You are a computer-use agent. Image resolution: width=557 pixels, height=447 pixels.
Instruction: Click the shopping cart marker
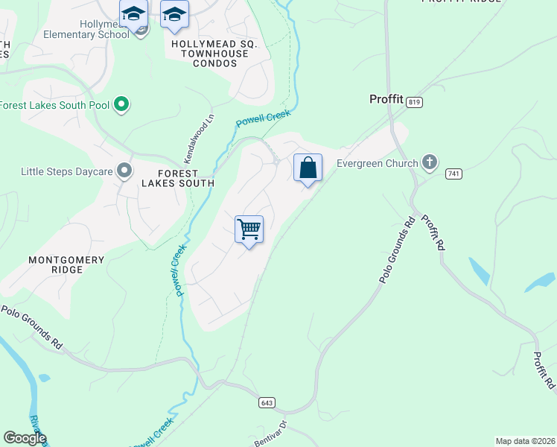point(249,229)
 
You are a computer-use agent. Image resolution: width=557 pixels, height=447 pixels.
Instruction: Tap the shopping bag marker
point(308,168)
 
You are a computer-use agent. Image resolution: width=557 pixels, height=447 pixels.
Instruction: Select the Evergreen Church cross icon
point(429,161)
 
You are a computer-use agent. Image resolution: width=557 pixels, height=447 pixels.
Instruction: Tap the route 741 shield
point(453,174)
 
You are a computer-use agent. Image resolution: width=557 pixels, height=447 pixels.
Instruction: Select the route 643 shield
point(267,402)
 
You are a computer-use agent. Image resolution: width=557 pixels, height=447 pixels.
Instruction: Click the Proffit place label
point(386,99)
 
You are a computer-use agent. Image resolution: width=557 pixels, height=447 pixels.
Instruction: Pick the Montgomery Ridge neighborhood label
point(66,265)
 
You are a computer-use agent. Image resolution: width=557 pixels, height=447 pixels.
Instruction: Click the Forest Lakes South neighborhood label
point(176,177)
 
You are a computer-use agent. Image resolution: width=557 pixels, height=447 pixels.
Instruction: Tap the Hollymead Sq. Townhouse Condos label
point(214,54)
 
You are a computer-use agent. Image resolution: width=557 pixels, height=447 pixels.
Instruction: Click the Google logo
point(25,438)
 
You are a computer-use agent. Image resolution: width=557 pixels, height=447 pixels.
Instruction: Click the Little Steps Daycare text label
point(66,172)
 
